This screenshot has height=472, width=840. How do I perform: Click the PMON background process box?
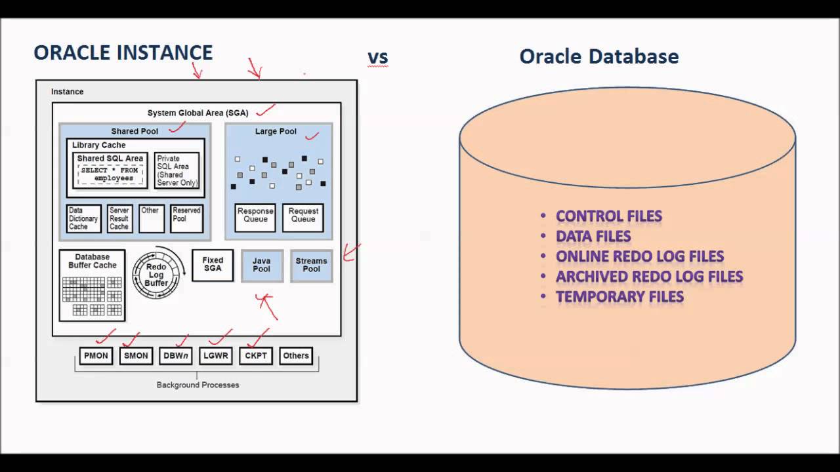click(96, 356)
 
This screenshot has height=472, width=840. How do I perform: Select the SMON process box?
click(136, 356)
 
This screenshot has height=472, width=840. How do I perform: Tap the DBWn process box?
click(175, 356)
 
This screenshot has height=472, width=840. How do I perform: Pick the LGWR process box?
click(215, 356)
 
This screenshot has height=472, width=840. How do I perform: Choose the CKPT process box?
click(255, 356)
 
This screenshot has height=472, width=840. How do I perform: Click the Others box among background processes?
click(296, 356)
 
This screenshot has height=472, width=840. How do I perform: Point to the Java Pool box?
click(262, 265)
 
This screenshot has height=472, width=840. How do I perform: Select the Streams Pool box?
click(311, 265)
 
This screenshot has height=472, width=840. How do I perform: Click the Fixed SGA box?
click(213, 265)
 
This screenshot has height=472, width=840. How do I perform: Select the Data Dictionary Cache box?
click(83, 219)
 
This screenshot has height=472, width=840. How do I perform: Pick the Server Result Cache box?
click(119, 219)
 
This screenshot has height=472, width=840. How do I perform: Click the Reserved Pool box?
click(186, 218)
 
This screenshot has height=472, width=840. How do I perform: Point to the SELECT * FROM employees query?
click(110, 174)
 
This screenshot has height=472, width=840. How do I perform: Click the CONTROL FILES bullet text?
click(608, 216)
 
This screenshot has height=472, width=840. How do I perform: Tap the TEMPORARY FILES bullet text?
click(619, 297)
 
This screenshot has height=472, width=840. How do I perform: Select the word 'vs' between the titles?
click(378, 57)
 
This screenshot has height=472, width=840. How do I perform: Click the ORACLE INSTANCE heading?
click(123, 52)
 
